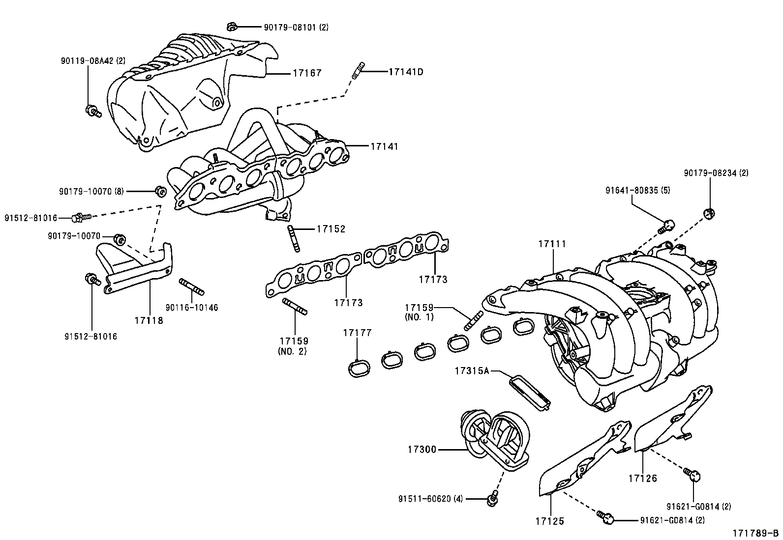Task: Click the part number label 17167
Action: [307, 73]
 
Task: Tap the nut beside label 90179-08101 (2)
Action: [232, 27]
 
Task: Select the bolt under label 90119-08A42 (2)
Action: [92, 111]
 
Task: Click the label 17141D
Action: [405, 72]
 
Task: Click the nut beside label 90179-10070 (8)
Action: [159, 191]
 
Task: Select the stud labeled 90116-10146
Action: [192, 287]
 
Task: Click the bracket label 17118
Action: [149, 320]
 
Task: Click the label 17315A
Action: [472, 371]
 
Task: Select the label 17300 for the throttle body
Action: [422, 449]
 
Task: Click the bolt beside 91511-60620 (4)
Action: [491, 499]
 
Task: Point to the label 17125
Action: [550, 521]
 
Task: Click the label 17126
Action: [642, 478]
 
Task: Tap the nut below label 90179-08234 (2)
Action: [709, 213]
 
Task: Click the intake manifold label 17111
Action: [552, 244]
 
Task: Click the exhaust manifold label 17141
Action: [384, 146]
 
